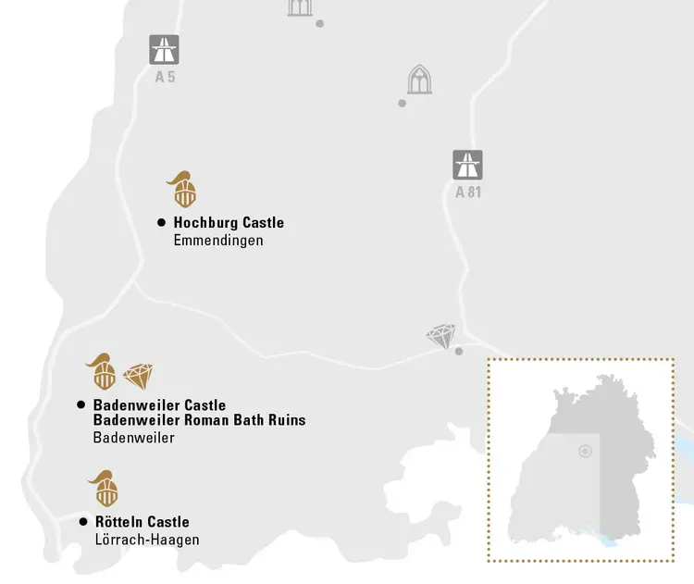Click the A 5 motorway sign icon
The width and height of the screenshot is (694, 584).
coord(165,49)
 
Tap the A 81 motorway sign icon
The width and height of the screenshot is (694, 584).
coord(467,165)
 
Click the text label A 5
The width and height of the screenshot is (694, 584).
coord(165,77)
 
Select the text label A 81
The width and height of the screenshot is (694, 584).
coord(468,193)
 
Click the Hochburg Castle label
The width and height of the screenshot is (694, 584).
coord(229,223)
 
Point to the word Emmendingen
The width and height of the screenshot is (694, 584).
coord(218,241)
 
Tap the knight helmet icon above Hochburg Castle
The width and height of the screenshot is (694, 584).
coord(183,190)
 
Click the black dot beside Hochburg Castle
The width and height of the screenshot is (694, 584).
coord(161,223)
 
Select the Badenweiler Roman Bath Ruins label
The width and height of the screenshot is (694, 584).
coord(199,420)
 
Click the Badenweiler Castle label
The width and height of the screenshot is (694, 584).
coord(159,405)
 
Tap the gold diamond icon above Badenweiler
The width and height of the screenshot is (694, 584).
coord(138,376)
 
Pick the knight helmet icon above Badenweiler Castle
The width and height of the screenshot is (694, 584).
coord(102,371)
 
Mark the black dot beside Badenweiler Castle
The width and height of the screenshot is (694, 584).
coord(81,405)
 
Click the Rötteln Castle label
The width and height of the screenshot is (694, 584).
coord(142,522)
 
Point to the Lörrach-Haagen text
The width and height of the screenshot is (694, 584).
coord(147,541)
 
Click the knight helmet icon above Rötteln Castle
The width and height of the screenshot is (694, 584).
coord(103,488)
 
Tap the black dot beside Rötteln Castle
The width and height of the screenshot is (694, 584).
coord(83,522)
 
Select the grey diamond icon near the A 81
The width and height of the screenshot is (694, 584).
coord(441,336)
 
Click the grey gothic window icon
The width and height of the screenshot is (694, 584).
coord(419,81)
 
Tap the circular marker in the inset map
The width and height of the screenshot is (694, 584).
coord(585,452)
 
